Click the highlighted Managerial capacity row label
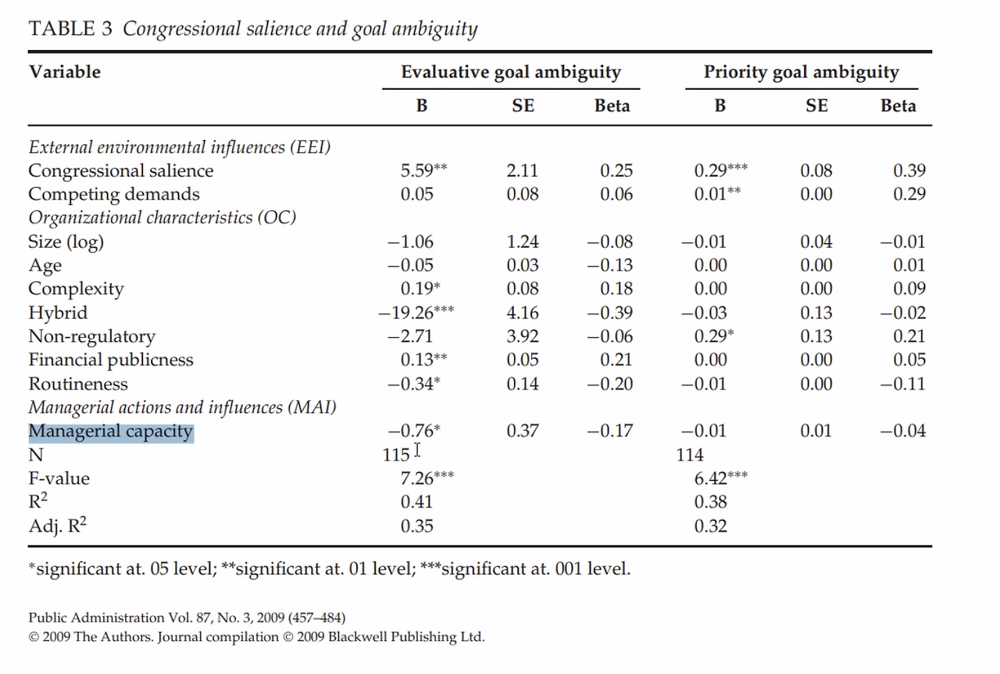pos(111,432)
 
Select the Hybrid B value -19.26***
pos(416,313)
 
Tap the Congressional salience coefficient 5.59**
pos(423,170)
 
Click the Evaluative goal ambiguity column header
pos(511,72)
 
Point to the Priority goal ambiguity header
pos(802,72)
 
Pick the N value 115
pos(396,455)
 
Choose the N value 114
pos(690,455)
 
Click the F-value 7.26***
pos(427,479)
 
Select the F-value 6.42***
pos(720,479)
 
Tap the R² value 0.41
pos(416,502)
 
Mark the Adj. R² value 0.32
pos(710,525)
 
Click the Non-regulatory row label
pos(92,336)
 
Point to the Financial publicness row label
pos(111,360)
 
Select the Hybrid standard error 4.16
pos(523,313)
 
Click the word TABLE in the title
pos(61,29)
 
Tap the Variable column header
pos(65,72)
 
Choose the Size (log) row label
pos(66,242)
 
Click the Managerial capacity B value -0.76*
pos(414,431)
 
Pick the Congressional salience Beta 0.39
pos(909,170)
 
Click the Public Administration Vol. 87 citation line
pos(187,618)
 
